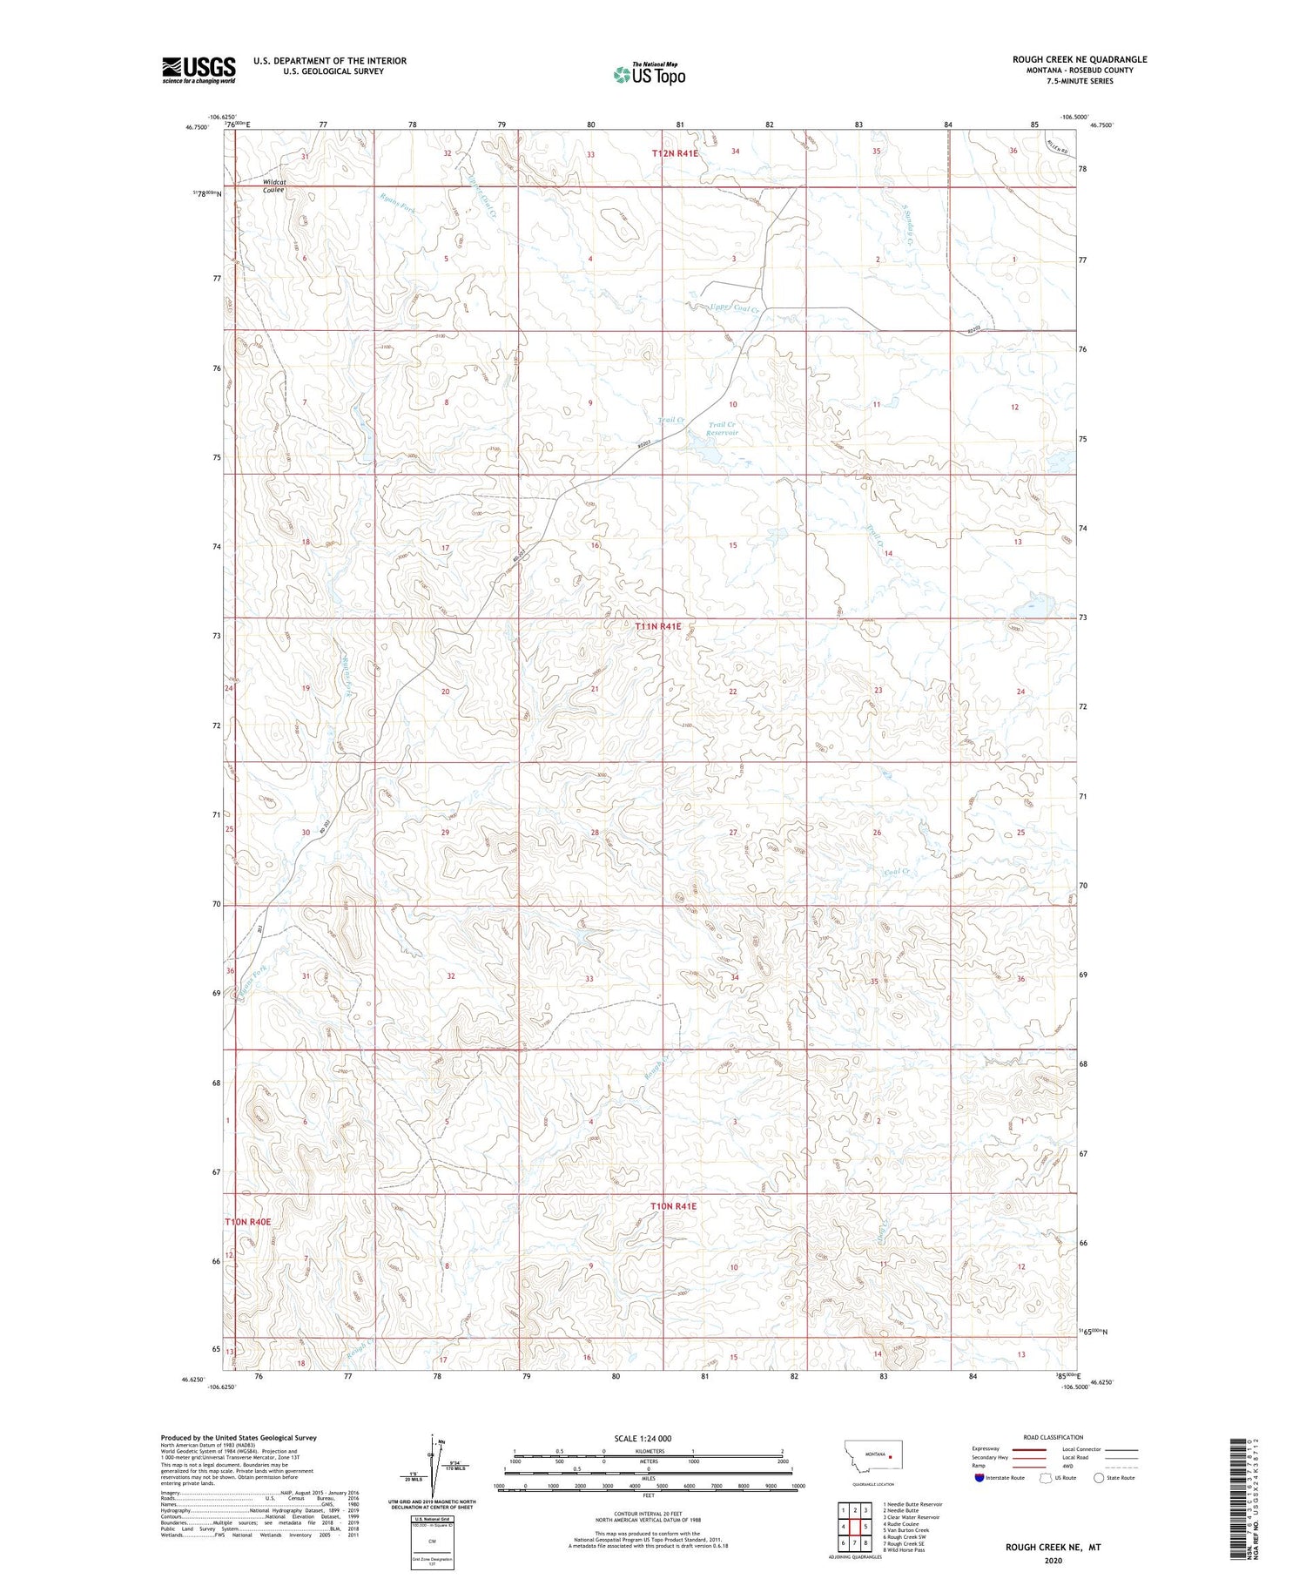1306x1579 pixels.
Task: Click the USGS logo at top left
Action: click(199, 70)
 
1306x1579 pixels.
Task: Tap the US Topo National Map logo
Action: click(649, 74)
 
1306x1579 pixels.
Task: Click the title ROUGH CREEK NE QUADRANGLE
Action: click(1079, 59)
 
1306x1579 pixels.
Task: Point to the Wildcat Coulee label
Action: click(274, 186)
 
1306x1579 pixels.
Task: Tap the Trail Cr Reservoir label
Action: click(722, 428)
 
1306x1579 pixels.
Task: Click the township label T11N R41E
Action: click(657, 626)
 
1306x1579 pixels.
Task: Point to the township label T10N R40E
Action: click(248, 1222)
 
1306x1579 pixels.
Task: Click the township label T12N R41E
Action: click(675, 153)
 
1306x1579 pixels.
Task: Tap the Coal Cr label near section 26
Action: click(896, 872)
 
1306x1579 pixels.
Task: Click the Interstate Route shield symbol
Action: click(979, 1478)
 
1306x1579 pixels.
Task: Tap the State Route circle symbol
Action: click(1099, 1478)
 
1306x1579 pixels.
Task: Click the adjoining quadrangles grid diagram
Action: click(854, 1526)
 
